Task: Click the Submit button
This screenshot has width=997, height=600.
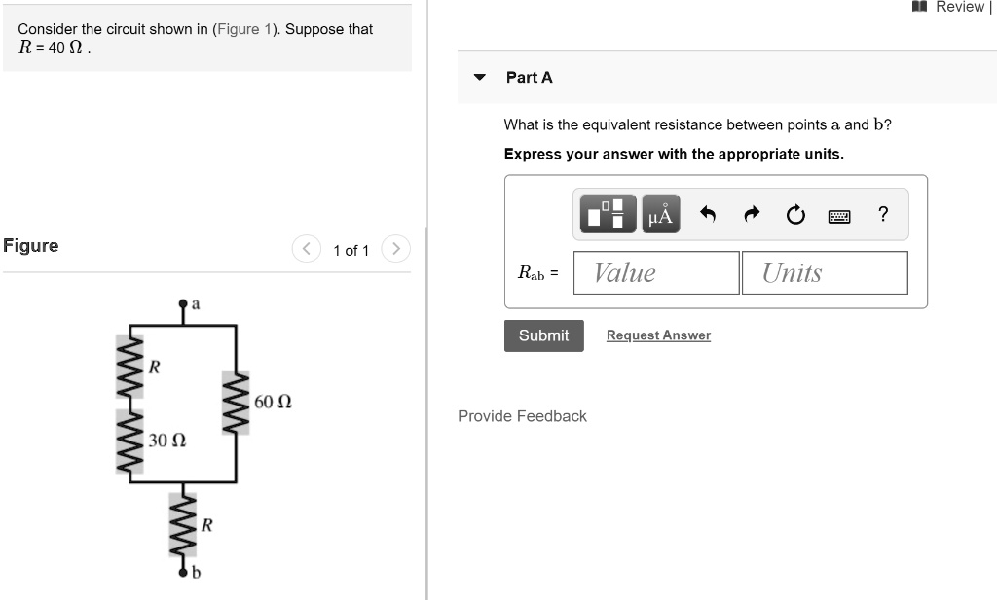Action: [543, 335]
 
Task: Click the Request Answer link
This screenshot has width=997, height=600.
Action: [658, 335]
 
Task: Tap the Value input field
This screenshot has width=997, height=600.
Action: [655, 273]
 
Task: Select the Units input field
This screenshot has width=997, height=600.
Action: [824, 273]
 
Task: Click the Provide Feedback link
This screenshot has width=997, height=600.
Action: [522, 416]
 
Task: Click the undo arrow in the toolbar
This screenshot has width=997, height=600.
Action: [709, 215]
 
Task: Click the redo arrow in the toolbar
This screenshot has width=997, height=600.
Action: [752, 215]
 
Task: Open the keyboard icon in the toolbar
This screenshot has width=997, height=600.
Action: [839, 216]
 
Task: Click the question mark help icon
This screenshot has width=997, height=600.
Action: [882, 215]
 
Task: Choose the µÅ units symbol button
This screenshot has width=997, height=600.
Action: [659, 215]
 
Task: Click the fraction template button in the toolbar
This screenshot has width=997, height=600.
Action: [609, 215]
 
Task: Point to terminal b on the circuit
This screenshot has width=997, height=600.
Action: [182, 574]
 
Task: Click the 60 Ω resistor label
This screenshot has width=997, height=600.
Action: [273, 402]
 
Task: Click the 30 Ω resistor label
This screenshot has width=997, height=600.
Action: [166, 441]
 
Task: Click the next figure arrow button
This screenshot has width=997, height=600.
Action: [395, 250]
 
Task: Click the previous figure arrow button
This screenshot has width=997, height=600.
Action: [307, 250]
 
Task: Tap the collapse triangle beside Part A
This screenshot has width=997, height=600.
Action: [479, 78]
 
